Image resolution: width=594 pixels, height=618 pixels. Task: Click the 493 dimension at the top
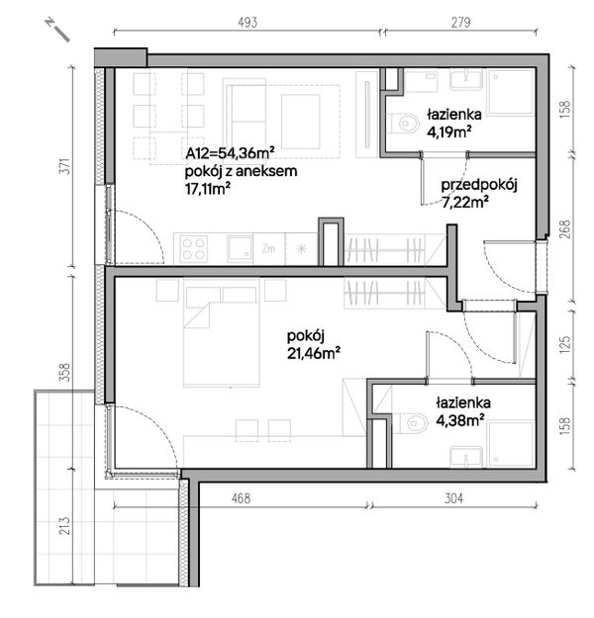coord(247,22)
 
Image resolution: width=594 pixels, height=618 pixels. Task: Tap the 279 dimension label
coord(460,22)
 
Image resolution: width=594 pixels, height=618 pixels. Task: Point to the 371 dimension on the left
coord(66,166)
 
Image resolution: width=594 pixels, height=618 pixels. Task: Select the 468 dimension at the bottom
coord(241,498)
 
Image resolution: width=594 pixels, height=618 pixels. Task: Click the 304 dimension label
coord(453,498)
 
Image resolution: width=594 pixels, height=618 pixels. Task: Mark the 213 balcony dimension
coord(65,526)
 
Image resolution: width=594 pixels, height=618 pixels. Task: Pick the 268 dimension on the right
coord(565,229)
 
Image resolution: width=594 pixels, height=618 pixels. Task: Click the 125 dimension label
coord(565,344)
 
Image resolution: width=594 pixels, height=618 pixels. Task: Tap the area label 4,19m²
coord(449,132)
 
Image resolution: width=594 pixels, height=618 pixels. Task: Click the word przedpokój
coord(479,185)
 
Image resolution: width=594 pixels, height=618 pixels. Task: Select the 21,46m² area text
coord(314,354)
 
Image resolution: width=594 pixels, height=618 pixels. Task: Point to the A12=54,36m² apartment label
coord(230,153)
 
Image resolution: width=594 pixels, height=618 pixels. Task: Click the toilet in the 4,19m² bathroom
coord(405,124)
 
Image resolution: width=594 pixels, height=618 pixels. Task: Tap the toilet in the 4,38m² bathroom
coord(414,423)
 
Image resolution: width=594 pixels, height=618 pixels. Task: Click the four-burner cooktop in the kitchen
coord(193,249)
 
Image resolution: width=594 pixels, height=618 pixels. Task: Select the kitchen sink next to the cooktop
coord(240,249)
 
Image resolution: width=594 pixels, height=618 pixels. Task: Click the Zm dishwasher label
coord(268,249)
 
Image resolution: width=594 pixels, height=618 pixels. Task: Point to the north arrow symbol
coord(57,30)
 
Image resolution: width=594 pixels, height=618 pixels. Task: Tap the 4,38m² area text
coord(460,420)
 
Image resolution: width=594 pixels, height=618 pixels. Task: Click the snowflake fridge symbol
coord(301,249)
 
